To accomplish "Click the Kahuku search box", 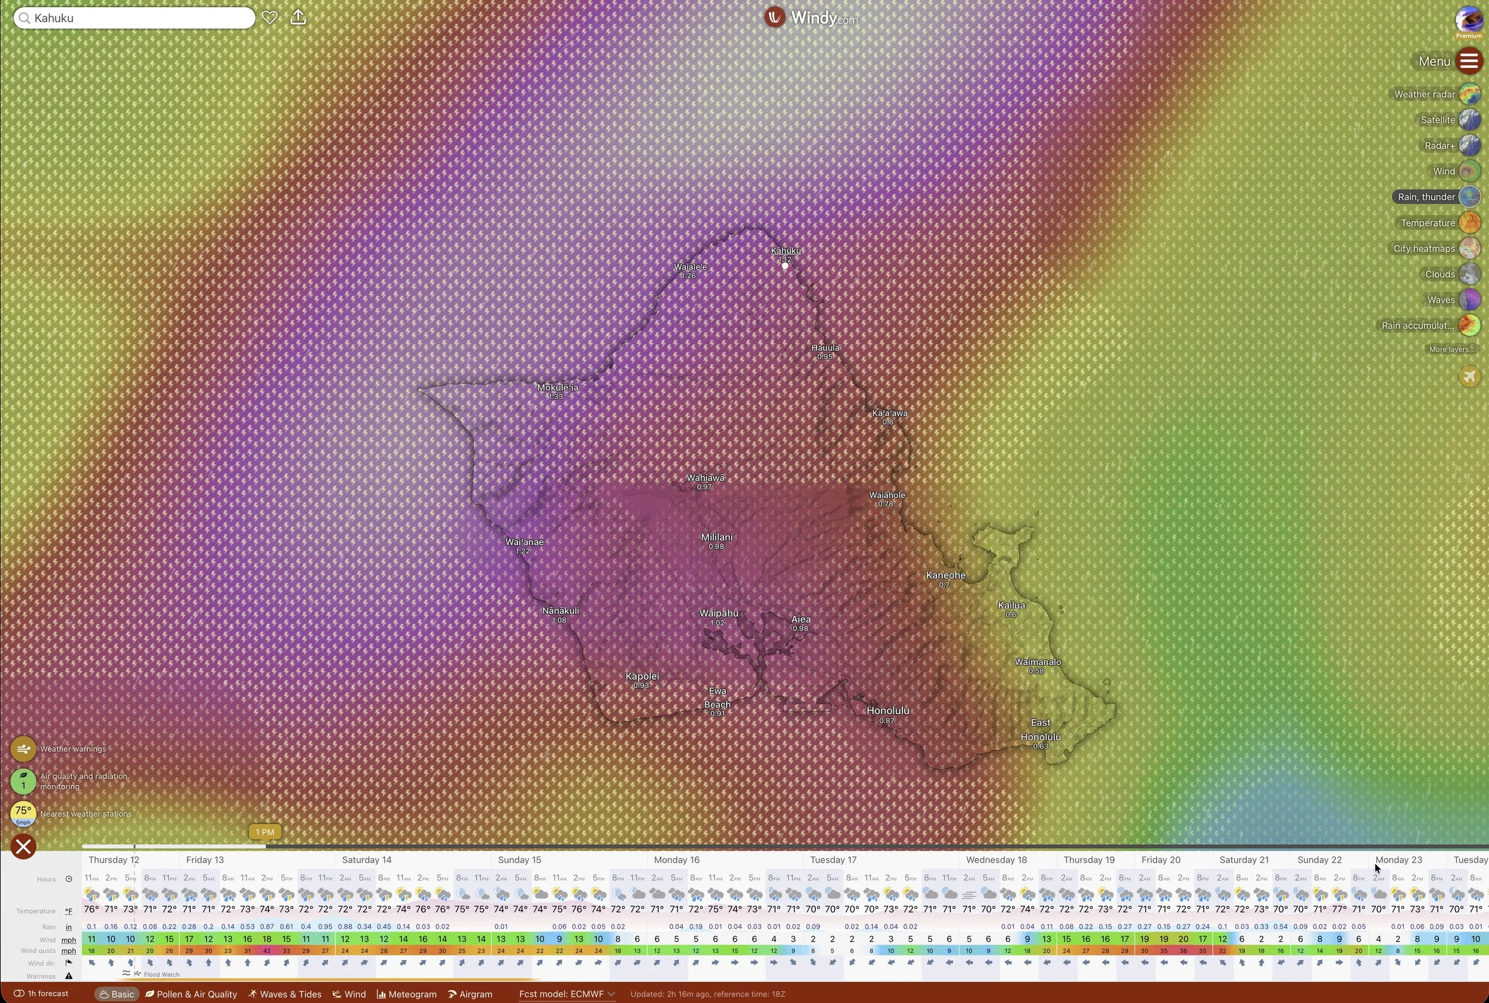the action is (x=135, y=18).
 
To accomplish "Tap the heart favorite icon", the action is (x=270, y=17).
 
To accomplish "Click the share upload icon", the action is (x=298, y=17).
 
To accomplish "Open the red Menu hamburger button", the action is (x=1469, y=61).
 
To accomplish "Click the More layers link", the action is (x=1451, y=349).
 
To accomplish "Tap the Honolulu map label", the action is (x=887, y=711).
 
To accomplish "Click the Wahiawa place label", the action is (x=705, y=478).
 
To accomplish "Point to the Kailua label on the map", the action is (x=1011, y=605).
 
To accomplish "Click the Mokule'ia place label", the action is (x=557, y=387).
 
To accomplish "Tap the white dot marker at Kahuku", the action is (x=785, y=266).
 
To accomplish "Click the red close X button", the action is (x=24, y=847).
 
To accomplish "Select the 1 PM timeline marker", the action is (x=264, y=832).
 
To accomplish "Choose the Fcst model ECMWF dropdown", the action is (x=566, y=994).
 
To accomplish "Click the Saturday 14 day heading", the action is (x=367, y=860).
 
